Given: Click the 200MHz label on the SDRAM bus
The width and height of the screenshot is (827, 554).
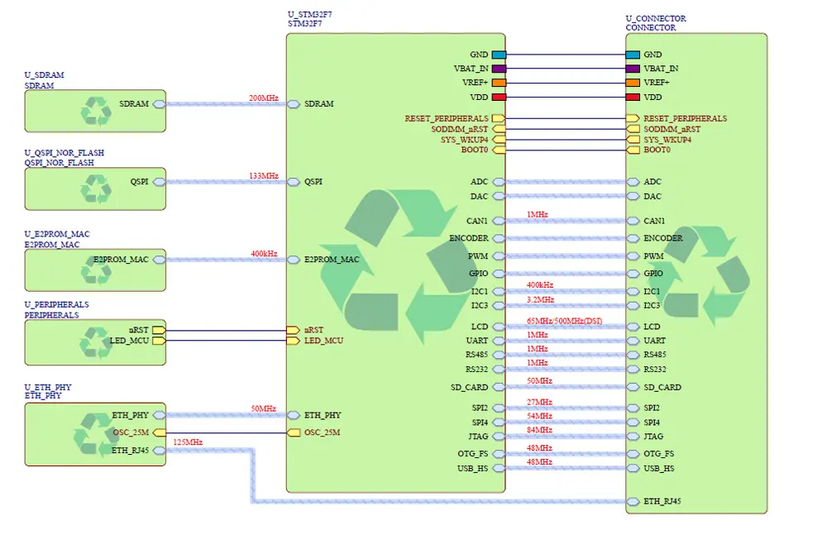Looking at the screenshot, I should [x=264, y=98].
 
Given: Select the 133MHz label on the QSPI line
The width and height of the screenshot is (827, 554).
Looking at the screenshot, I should [x=264, y=176].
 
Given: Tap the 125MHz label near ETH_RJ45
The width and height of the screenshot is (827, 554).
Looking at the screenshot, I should [x=188, y=442].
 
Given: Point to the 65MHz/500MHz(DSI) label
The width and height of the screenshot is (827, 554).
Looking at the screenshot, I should [x=566, y=321].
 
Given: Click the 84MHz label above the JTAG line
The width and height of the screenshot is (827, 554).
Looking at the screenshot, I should [x=538, y=430].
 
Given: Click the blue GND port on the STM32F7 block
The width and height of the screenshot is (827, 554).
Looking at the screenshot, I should [x=499, y=55].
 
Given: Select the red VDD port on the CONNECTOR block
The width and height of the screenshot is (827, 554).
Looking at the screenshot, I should [x=633, y=98].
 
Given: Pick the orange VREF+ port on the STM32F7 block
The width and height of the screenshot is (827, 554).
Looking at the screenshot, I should [x=499, y=83].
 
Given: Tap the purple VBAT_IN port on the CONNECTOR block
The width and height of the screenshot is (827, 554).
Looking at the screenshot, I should [x=633, y=69].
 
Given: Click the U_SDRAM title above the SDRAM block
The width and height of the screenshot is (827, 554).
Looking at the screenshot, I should [x=44, y=75].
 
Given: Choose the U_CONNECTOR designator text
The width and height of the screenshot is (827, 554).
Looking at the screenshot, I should [x=655, y=18].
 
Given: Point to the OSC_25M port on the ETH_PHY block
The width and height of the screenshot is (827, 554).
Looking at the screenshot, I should [x=159, y=432].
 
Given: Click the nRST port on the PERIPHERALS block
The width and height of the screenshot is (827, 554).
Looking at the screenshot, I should [x=159, y=330].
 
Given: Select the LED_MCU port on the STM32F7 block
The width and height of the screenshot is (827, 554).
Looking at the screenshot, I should [x=293, y=341].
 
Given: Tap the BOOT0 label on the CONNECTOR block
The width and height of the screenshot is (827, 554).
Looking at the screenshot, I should [x=657, y=150].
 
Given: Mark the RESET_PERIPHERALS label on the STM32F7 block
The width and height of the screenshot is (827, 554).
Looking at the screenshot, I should [x=447, y=119].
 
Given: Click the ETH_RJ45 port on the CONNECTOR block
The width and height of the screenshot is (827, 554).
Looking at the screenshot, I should [x=633, y=501].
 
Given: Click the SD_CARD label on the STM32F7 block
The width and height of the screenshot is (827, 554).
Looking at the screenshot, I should [x=469, y=387].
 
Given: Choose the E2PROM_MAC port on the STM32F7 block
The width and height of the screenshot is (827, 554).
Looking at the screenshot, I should [x=293, y=260].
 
